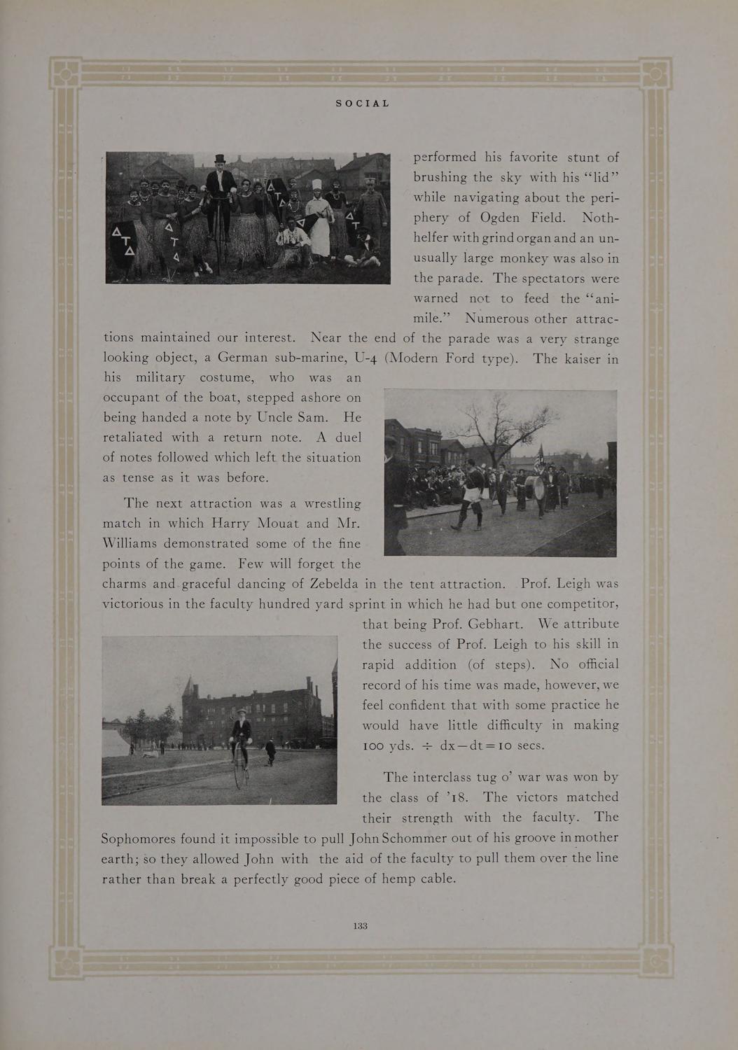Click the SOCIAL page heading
[x=362, y=104]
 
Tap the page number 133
[x=361, y=925]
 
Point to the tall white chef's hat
[x=316, y=185]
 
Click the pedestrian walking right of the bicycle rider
[x=271, y=750]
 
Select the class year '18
[x=461, y=797]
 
